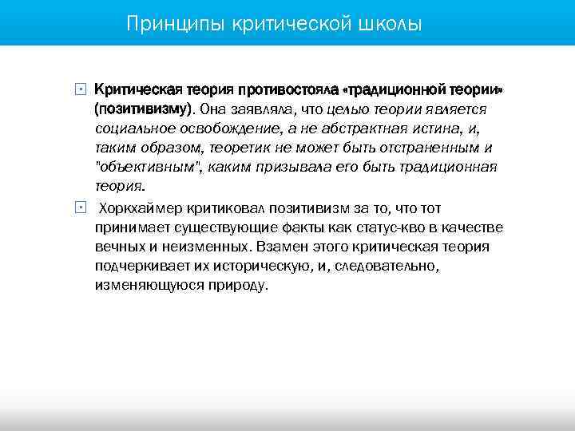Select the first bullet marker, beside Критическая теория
[78, 88]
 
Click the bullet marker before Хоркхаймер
[78, 208]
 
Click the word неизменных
[192, 247]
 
